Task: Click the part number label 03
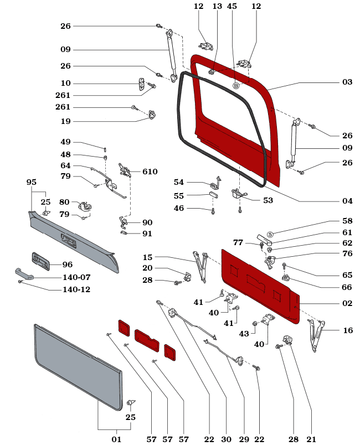coord(347,82)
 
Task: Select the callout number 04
coord(347,201)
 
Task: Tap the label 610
coord(150,172)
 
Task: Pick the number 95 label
coord(31,182)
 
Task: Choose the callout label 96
coord(68,265)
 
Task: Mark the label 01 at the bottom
coord(116,439)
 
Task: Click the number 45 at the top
coord(232,7)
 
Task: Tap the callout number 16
coord(348,330)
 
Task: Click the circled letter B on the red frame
coord(236,86)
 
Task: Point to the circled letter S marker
coord(270,235)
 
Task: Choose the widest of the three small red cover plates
coord(147,337)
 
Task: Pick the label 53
coord(268,200)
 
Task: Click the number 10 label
coord(66,84)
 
